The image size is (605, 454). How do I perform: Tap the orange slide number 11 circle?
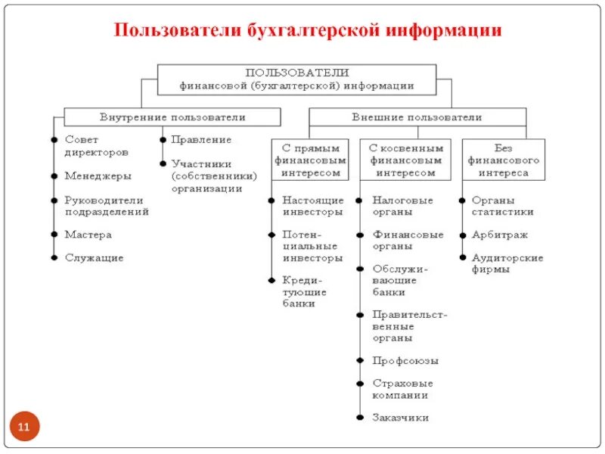point(23,428)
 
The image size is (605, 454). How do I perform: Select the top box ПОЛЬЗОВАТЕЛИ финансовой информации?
point(296,79)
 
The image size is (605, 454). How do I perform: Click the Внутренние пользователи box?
point(172,117)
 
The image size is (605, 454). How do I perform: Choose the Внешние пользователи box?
point(417,117)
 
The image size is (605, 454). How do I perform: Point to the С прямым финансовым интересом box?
point(311,160)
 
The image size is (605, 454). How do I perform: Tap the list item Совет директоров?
point(96,146)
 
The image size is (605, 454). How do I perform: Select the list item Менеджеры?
point(98,176)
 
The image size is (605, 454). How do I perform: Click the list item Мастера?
point(88,235)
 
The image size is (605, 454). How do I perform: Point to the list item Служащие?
point(94,258)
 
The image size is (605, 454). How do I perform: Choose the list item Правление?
point(201,140)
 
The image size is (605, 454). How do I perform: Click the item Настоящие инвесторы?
point(312,207)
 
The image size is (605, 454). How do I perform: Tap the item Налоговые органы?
point(402,207)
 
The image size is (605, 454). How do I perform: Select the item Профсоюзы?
point(405,361)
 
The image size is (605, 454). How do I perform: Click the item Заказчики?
point(401,418)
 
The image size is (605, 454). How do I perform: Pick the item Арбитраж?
point(500,235)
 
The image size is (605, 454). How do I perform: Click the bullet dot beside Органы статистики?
point(461,201)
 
